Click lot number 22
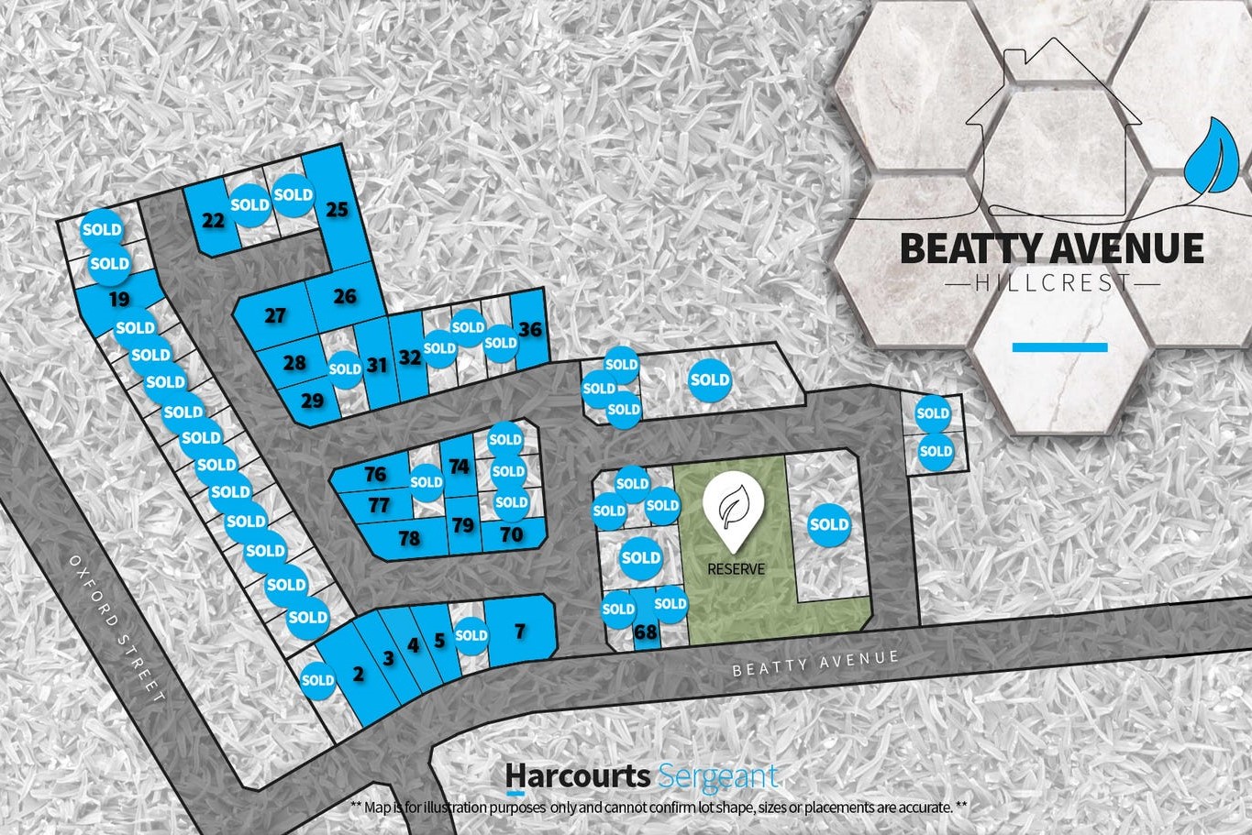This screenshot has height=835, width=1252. click(x=213, y=220)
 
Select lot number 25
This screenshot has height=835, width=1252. click(x=338, y=210)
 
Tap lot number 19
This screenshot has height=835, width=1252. click(x=118, y=299)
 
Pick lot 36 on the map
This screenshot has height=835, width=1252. click(x=530, y=330)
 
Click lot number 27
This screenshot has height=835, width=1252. click(x=275, y=316)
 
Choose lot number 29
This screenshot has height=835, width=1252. click(x=312, y=401)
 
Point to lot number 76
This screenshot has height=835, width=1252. click(x=375, y=474)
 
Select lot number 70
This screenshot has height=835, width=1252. click(x=512, y=533)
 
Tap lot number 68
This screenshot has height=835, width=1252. click(x=646, y=632)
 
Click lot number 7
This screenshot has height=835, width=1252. click(x=520, y=631)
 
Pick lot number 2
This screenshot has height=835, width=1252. click(x=358, y=675)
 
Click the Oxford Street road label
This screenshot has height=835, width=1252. click(x=117, y=629)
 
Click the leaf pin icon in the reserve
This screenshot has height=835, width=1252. click(x=735, y=502)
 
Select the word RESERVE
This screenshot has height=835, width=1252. click(x=736, y=569)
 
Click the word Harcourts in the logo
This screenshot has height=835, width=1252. click(x=579, y=775)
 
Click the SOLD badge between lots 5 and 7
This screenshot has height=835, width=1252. click(x=471, y=635)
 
